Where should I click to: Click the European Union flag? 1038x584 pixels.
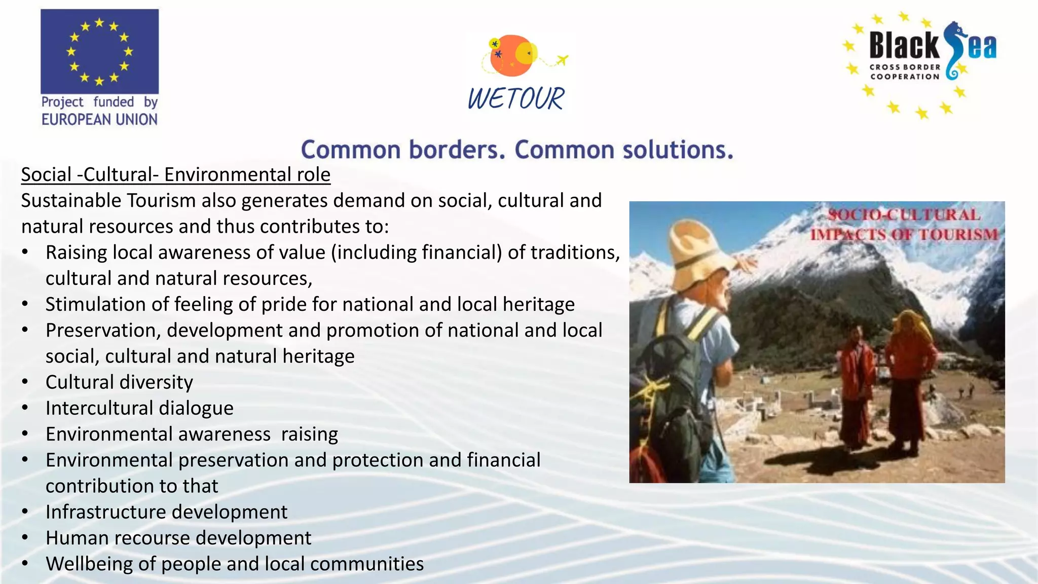coord(99,51)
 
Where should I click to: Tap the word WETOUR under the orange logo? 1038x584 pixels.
coord(515,98)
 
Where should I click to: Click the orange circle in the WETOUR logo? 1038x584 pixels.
coord(509,56)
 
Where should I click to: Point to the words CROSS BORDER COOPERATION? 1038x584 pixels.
coord(905,72)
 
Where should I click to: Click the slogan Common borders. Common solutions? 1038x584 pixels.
coord(517,150)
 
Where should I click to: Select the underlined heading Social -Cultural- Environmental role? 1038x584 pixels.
coord(175,175)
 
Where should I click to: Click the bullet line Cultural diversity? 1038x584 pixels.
coord(119,382)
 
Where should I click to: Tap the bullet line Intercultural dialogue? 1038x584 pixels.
coord(139,408)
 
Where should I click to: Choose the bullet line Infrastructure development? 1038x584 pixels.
coord(166,512)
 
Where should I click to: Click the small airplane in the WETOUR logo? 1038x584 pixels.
coord(562,60)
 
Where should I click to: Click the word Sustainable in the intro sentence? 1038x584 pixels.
coord(71,201)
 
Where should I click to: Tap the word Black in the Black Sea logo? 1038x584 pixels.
coord(905,46)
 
